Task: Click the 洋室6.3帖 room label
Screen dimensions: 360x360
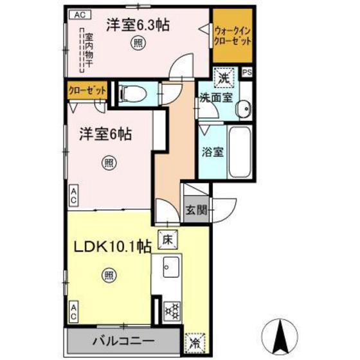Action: pyautogui.click(x=147, y=26)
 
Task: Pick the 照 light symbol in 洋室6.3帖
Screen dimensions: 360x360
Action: pyautogui.click(x=139, y=43)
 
